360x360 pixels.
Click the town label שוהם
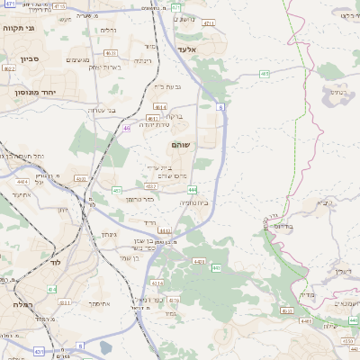click(x=179, y=144)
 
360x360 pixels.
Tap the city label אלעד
click(x=186, y=49)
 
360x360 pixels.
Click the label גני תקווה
click(x=18, y=28)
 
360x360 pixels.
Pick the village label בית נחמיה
click(x=193, y=202)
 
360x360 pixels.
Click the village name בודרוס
click(x=282, y=227)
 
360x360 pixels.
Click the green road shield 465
click(x=264, y=73)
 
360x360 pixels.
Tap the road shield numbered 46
click(x=127, y=128)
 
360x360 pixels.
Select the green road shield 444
click(x=193, y=189)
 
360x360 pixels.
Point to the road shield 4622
click(x=9, y=67)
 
